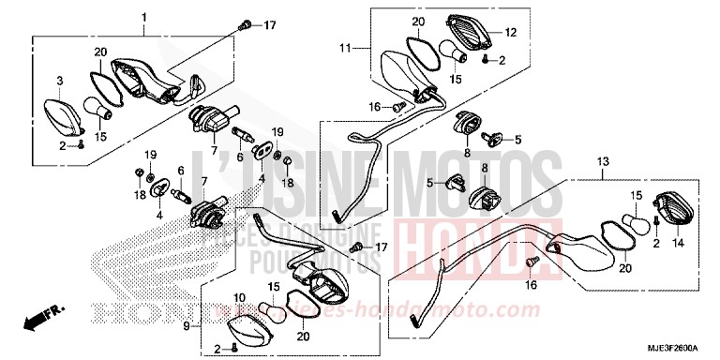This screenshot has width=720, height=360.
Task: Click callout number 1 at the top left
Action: (143, 18)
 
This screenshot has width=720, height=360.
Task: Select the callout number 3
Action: (58, 81)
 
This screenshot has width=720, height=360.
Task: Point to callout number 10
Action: (239, 298)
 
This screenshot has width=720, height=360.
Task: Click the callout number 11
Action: (344, 47)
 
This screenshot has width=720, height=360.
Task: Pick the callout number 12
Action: (511, 33)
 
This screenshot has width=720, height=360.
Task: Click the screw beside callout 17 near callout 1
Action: (247, 24)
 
